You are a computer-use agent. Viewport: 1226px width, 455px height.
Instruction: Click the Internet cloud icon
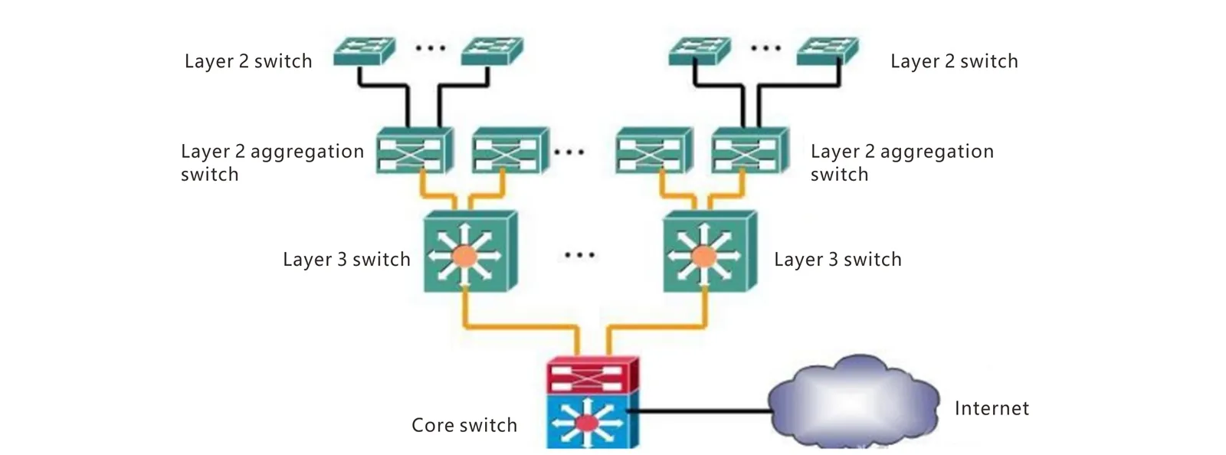(852, 401)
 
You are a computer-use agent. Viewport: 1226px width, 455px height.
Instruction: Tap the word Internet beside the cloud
(992, 408)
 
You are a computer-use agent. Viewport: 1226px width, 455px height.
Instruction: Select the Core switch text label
(464, 425)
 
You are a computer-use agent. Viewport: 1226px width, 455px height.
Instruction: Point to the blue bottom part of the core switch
(588, 421)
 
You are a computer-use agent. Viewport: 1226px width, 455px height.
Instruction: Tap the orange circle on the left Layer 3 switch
(464, 256)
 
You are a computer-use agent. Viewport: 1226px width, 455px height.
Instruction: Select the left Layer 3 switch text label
(346, 260)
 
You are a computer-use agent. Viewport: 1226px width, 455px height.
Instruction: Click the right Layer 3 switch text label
(838, 260)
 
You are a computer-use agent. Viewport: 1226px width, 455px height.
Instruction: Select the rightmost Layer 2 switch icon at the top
(827, 51)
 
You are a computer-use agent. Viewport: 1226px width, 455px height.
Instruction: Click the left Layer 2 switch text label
(248, 61)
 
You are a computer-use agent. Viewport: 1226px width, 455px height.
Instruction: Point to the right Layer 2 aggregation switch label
(901, 162)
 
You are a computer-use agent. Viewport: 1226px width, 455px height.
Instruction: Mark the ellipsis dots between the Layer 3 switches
(579, 254)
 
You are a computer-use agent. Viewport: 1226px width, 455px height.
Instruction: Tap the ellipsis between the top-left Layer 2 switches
(430, 48)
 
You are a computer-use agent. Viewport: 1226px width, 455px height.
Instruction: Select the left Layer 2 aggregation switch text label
(271, 162)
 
